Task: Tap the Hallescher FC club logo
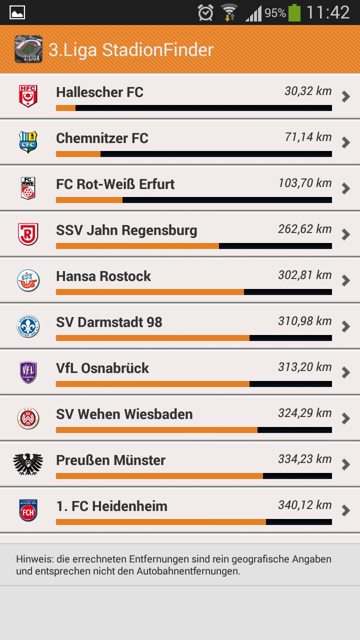pyautogui.click(x=28, y=96)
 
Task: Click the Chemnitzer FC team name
pyautogui.click(x=102, y=138)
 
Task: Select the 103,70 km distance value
pyautogui.click(x=305, y=183)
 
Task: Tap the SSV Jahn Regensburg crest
pyautogui.click(x=28, y=234)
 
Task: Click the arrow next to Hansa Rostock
pyautogui.click(x=345, y=280)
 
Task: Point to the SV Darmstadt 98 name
pyautogui.click(x=109, y=322)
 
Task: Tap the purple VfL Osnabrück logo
pyautogui.click(x=28, y=372)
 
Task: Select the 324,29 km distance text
pyautogui.click(x=305, y=413)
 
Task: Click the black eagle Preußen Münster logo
pyautogui.click(x=28, y=464)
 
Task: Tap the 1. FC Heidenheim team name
pyautogui.click(x=111, y=506)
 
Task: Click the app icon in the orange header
pyautogui.click(x=28, y=49)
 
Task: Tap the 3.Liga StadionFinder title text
pyautogui.click(x=131, y=49)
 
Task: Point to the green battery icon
pyautogui.click(x=294, y=13)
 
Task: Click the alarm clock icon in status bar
pyautogui.click(x=205, y=13)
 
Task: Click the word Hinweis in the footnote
pyautogui.click(x=32, y=559)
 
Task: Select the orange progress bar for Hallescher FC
pyautogui.click(x=65, y=108)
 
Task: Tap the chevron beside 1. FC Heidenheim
pyautogui.click(x=345, y=510)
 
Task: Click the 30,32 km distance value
pyautogui.click(x=308, y=91)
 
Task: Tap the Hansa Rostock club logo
pyautogui.click(x=28, y=280)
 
